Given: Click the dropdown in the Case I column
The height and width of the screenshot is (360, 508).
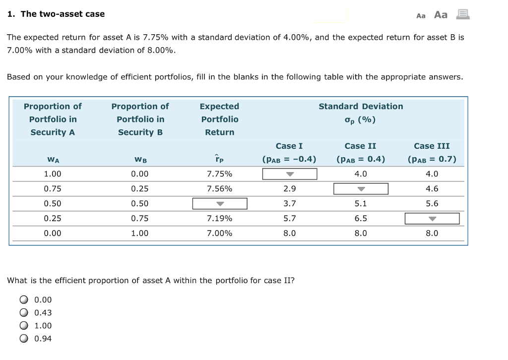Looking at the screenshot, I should [290, 174].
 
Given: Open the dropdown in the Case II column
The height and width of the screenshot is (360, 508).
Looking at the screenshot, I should [361, 189].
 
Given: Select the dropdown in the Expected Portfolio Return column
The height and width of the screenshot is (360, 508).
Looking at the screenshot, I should [220, 204].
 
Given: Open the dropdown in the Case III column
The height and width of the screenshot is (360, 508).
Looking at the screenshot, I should [432, 219].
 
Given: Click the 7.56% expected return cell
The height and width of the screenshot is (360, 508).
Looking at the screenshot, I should [219, 189].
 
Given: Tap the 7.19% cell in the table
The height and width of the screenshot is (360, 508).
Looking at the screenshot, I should [219, 219].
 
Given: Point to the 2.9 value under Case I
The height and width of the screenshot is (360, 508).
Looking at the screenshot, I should [290, 189].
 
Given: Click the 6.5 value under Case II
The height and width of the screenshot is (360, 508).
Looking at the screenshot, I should [361, 219].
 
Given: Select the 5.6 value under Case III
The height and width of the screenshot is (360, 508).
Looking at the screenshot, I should [432, 204].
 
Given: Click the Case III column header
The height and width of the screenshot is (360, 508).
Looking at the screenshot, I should [432, 146].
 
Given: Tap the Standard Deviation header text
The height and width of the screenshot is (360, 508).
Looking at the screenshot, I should [361, 107].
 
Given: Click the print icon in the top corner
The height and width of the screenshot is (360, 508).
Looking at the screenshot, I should [462, 14].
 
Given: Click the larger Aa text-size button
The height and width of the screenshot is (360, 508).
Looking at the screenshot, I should [441, 15].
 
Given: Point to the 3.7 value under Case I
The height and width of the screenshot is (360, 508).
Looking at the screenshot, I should [290, 204].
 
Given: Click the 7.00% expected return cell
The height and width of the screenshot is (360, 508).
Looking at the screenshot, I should [219, 233].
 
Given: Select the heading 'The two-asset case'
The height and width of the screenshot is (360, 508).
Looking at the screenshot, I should [63, 14].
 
